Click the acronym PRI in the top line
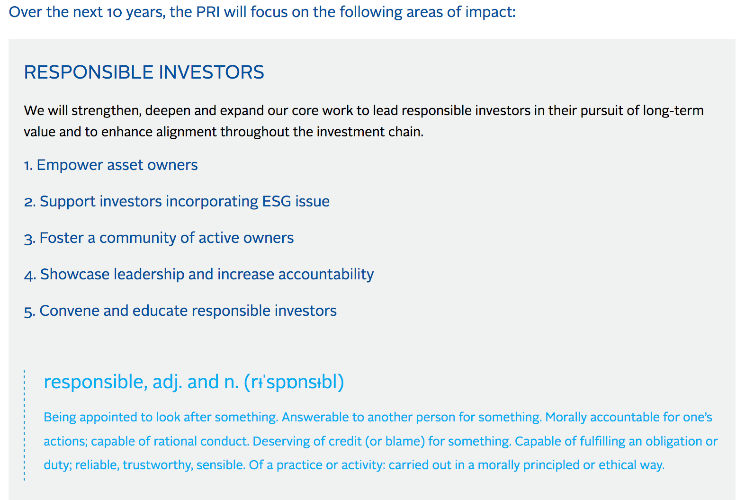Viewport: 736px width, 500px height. [x=207, y=12]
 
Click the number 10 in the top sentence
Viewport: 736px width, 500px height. [x=114, y=12]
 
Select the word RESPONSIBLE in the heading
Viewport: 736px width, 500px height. [x=89, y=72]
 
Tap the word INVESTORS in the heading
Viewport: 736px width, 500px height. [x=211, y=72]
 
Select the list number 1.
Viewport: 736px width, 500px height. [x=28, y=165]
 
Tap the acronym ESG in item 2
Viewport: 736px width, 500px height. [x=276, y=201]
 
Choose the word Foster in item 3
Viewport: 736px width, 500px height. [x=62, y=238]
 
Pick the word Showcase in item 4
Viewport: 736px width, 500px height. [x=74, y=274]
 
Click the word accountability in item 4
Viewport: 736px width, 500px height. [x=326, y=274]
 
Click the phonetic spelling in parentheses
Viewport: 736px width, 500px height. [x=294, y=382]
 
